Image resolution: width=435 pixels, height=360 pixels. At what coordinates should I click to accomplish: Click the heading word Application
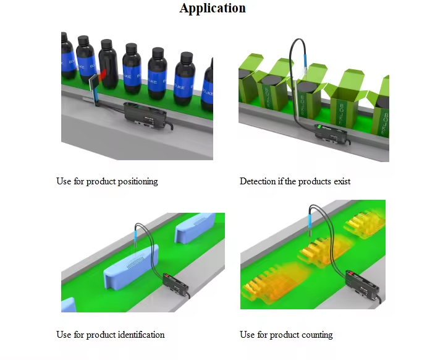(213, 8)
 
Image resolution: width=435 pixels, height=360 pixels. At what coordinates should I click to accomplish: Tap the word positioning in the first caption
(137, 181)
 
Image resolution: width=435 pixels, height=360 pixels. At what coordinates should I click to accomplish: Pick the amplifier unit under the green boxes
(329, 131)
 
